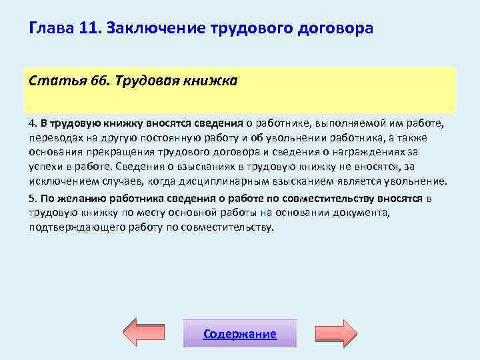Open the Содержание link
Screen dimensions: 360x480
(x=240, y=334)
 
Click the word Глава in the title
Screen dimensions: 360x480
(x=48, y=29)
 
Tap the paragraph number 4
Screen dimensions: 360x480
(x=32, y=123)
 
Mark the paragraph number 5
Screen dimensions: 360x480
(x=32, y=198)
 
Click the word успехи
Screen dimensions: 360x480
(x=44, y=167)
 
